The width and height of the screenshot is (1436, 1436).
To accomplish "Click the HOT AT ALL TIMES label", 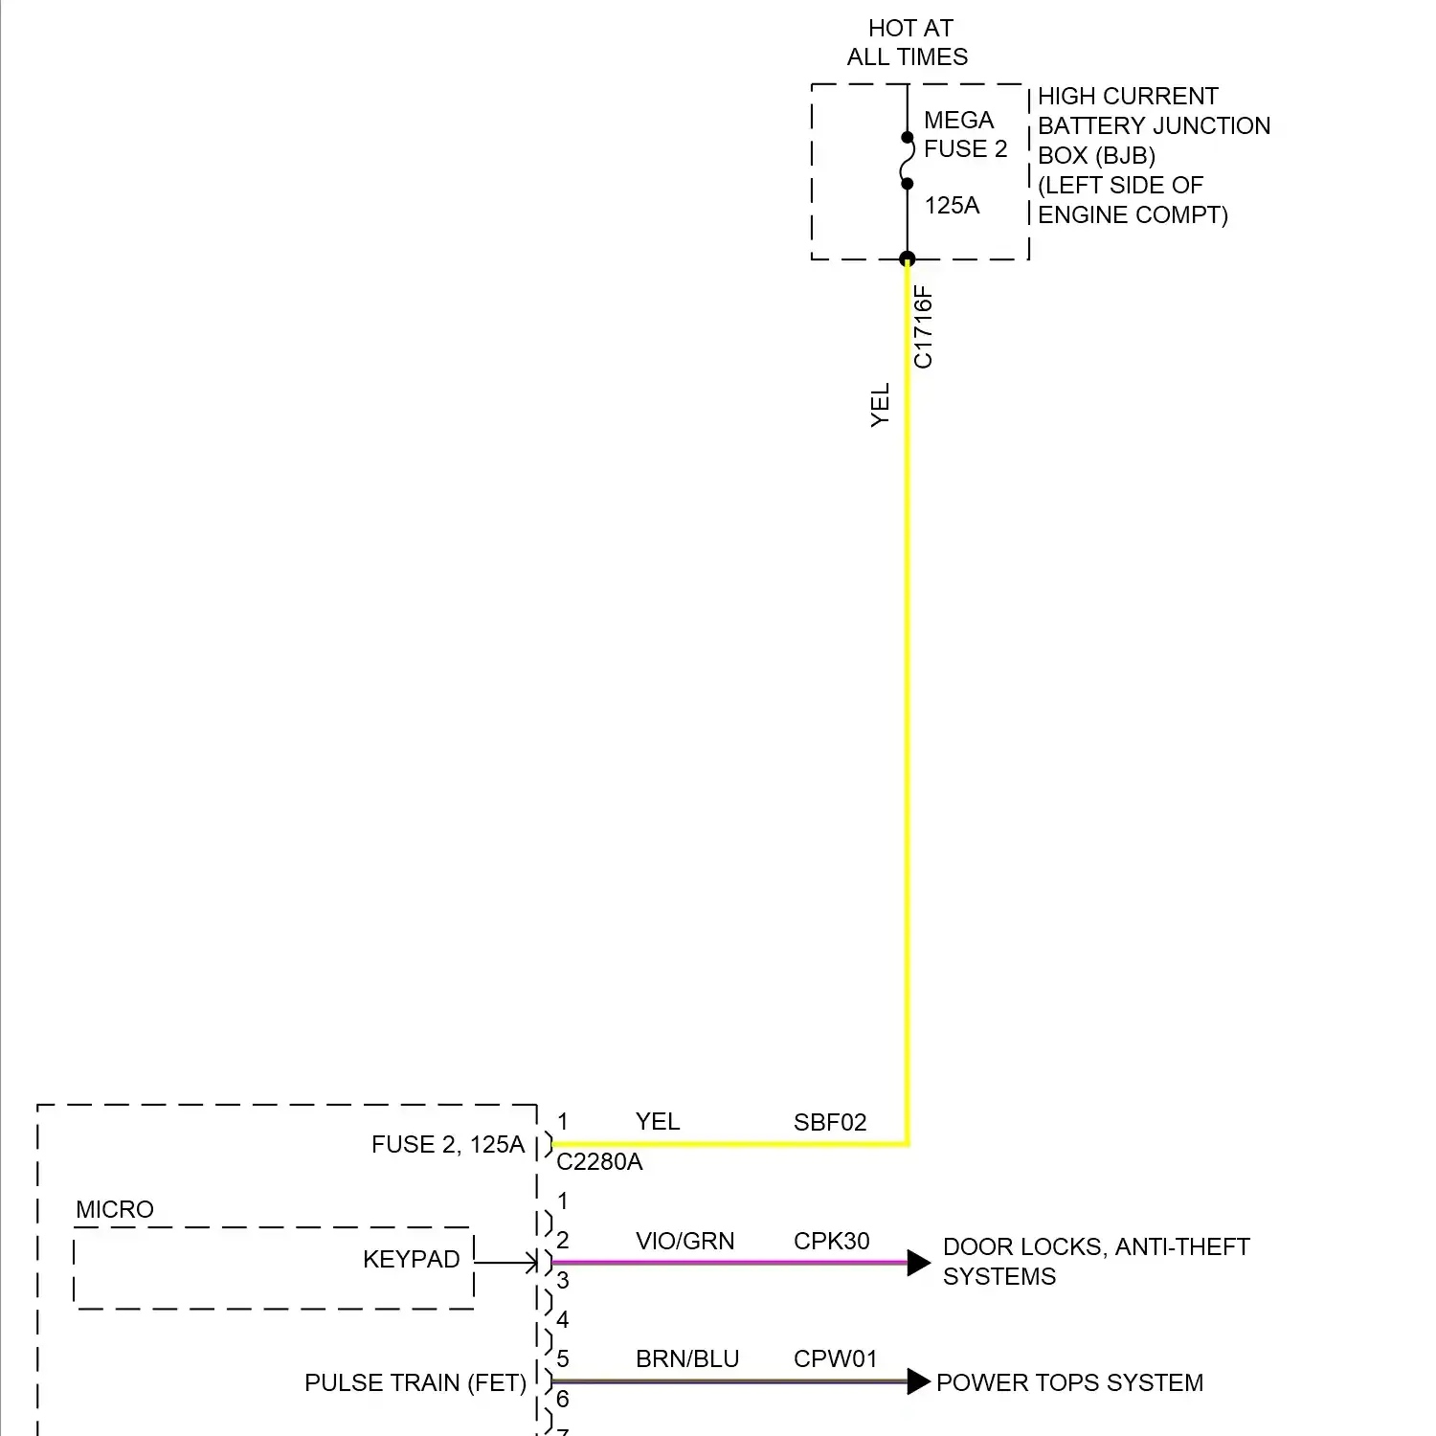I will [x=909, y=43].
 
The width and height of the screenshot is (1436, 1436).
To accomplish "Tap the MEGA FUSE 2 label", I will [x=964, y=135].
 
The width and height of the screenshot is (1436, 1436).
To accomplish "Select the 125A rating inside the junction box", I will [x=952, y=206].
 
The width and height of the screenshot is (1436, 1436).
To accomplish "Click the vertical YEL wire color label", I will [x=881, y=405].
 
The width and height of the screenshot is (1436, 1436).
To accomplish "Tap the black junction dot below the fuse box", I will [x=908, y=258].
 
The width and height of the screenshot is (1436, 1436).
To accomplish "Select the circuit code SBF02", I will [x=830, y=1123].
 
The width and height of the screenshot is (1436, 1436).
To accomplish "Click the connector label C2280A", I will [x=599, y=1162].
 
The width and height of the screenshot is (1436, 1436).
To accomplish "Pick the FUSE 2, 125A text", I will [x=448, y=1145].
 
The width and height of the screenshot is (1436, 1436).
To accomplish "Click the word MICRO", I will [x=115, y=1210].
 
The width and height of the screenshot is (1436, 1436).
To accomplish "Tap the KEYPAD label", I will [x=412, y=1260].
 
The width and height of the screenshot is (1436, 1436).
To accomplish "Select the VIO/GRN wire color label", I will [x=684, y=1242].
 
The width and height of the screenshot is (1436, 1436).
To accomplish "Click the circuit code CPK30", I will [x=831, y=1242].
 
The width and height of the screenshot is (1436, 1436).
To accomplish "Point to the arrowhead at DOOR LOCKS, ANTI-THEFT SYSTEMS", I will [x=918, y=1263].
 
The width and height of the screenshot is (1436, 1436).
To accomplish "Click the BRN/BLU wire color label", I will [x=687, y=1359].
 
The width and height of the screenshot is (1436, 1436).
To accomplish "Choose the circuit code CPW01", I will [x=835, y=1359].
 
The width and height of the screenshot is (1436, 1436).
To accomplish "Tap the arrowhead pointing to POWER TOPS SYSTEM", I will [x=918, y=1381].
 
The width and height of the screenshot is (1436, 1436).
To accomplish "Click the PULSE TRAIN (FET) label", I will [x=415, y=1383].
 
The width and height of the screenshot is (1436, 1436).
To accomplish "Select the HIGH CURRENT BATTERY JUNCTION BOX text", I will [x=1153, y=125].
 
